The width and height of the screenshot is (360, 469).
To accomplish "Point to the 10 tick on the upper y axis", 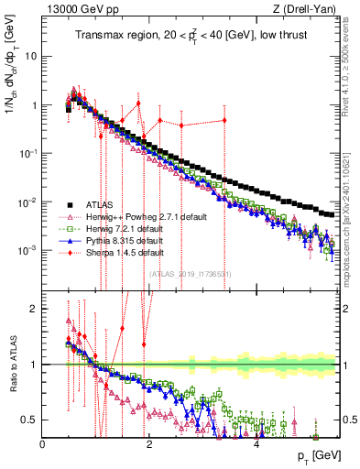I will tap(30, 56).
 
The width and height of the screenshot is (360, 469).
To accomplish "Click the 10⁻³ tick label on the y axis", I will tap(27, 250).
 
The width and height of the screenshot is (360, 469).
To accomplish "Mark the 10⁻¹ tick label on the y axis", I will tap(27, 153).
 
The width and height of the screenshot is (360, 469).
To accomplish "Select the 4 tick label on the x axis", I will tap(256, 443).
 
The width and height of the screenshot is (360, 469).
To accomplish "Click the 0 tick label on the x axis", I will tap(43, 443).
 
